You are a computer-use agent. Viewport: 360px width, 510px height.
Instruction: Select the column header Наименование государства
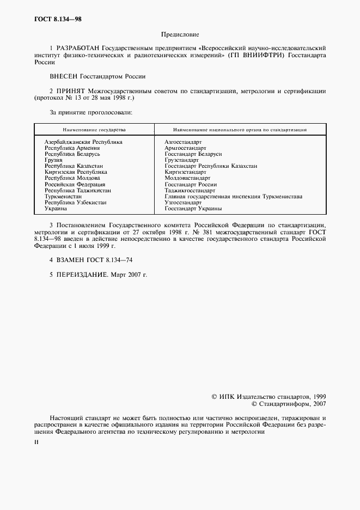94,130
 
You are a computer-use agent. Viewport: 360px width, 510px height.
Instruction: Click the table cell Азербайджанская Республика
83,142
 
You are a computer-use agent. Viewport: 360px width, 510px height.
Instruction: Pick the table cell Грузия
53,160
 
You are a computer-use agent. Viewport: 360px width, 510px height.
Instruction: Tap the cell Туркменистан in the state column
63,196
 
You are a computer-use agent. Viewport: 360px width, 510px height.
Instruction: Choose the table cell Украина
56,208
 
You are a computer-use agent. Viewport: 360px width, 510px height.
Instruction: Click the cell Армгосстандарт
185,148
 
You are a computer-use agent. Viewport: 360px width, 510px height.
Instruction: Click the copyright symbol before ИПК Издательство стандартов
214,397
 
